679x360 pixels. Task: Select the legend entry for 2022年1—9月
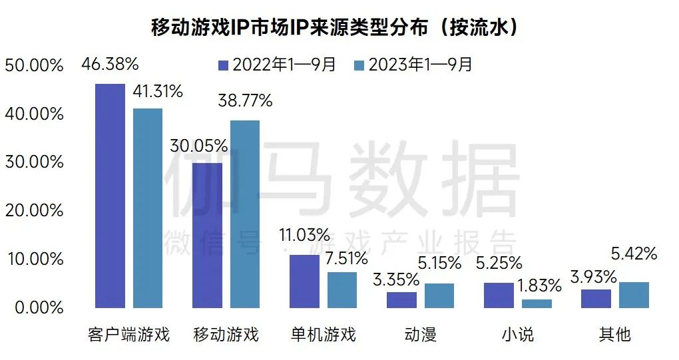coord(279,65)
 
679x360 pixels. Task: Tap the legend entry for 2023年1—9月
coord(413,65)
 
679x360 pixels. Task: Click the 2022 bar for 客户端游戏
coord(110,196)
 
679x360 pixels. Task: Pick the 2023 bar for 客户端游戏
coord(147,208)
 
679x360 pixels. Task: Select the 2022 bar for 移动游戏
coord(207,235)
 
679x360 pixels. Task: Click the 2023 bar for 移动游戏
coord(244,214)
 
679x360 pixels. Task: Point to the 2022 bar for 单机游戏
coord(304,281)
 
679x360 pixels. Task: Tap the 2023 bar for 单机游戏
coord(341,289)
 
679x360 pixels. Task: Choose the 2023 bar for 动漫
coord(439,295)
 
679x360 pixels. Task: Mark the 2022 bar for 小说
coord(499,295)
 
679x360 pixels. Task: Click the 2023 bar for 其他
coord(633,295)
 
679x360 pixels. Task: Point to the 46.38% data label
coord(110,65)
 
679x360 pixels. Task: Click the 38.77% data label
coord(246,101)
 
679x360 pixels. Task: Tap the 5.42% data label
coord(633,254)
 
